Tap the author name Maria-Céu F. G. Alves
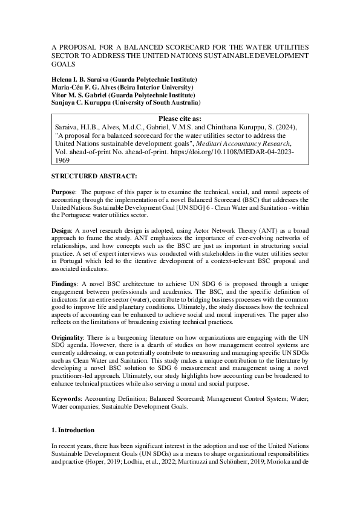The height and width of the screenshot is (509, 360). click(x=88, y=87)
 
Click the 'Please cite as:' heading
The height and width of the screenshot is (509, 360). click(x=180, y=119)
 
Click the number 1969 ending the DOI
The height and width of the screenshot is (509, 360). click(x=63, y=161)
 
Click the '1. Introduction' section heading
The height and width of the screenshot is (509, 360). click(x=73, y=430)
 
